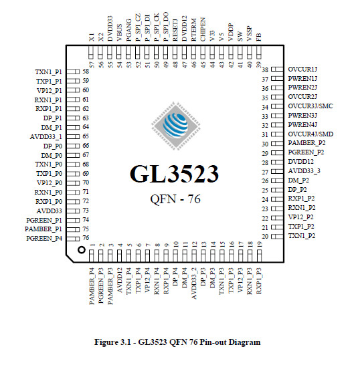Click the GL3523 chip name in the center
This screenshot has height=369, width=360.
tap(174, 174)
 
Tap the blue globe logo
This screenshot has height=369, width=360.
tap(176, 126)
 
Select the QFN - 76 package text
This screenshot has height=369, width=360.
tap(175, 199)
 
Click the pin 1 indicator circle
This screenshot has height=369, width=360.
tap(81, 250)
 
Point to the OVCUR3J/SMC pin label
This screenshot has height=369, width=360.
tap(310, 106)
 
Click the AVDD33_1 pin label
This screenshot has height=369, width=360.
tap(46, 137)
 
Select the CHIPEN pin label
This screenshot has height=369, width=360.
tap(203, 29)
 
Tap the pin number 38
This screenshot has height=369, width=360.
tap(265, 70)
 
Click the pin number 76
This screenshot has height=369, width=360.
tap(86, 238)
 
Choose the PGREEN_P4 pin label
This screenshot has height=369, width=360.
tap(44, 239)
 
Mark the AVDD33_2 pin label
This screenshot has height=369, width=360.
tap(193, 283)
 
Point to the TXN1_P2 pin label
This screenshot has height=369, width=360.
tap(302, 236)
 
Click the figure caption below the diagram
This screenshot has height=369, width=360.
tap(177, 342)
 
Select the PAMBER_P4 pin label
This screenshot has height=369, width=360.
tap(92, 286)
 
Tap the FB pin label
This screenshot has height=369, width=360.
tap(259, 37)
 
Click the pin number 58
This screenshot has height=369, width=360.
tap(86, 72)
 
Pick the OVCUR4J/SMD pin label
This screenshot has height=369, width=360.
tap(310, 134)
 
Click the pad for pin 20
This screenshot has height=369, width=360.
tap(277, 236)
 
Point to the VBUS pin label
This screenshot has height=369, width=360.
tap(120, 33)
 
